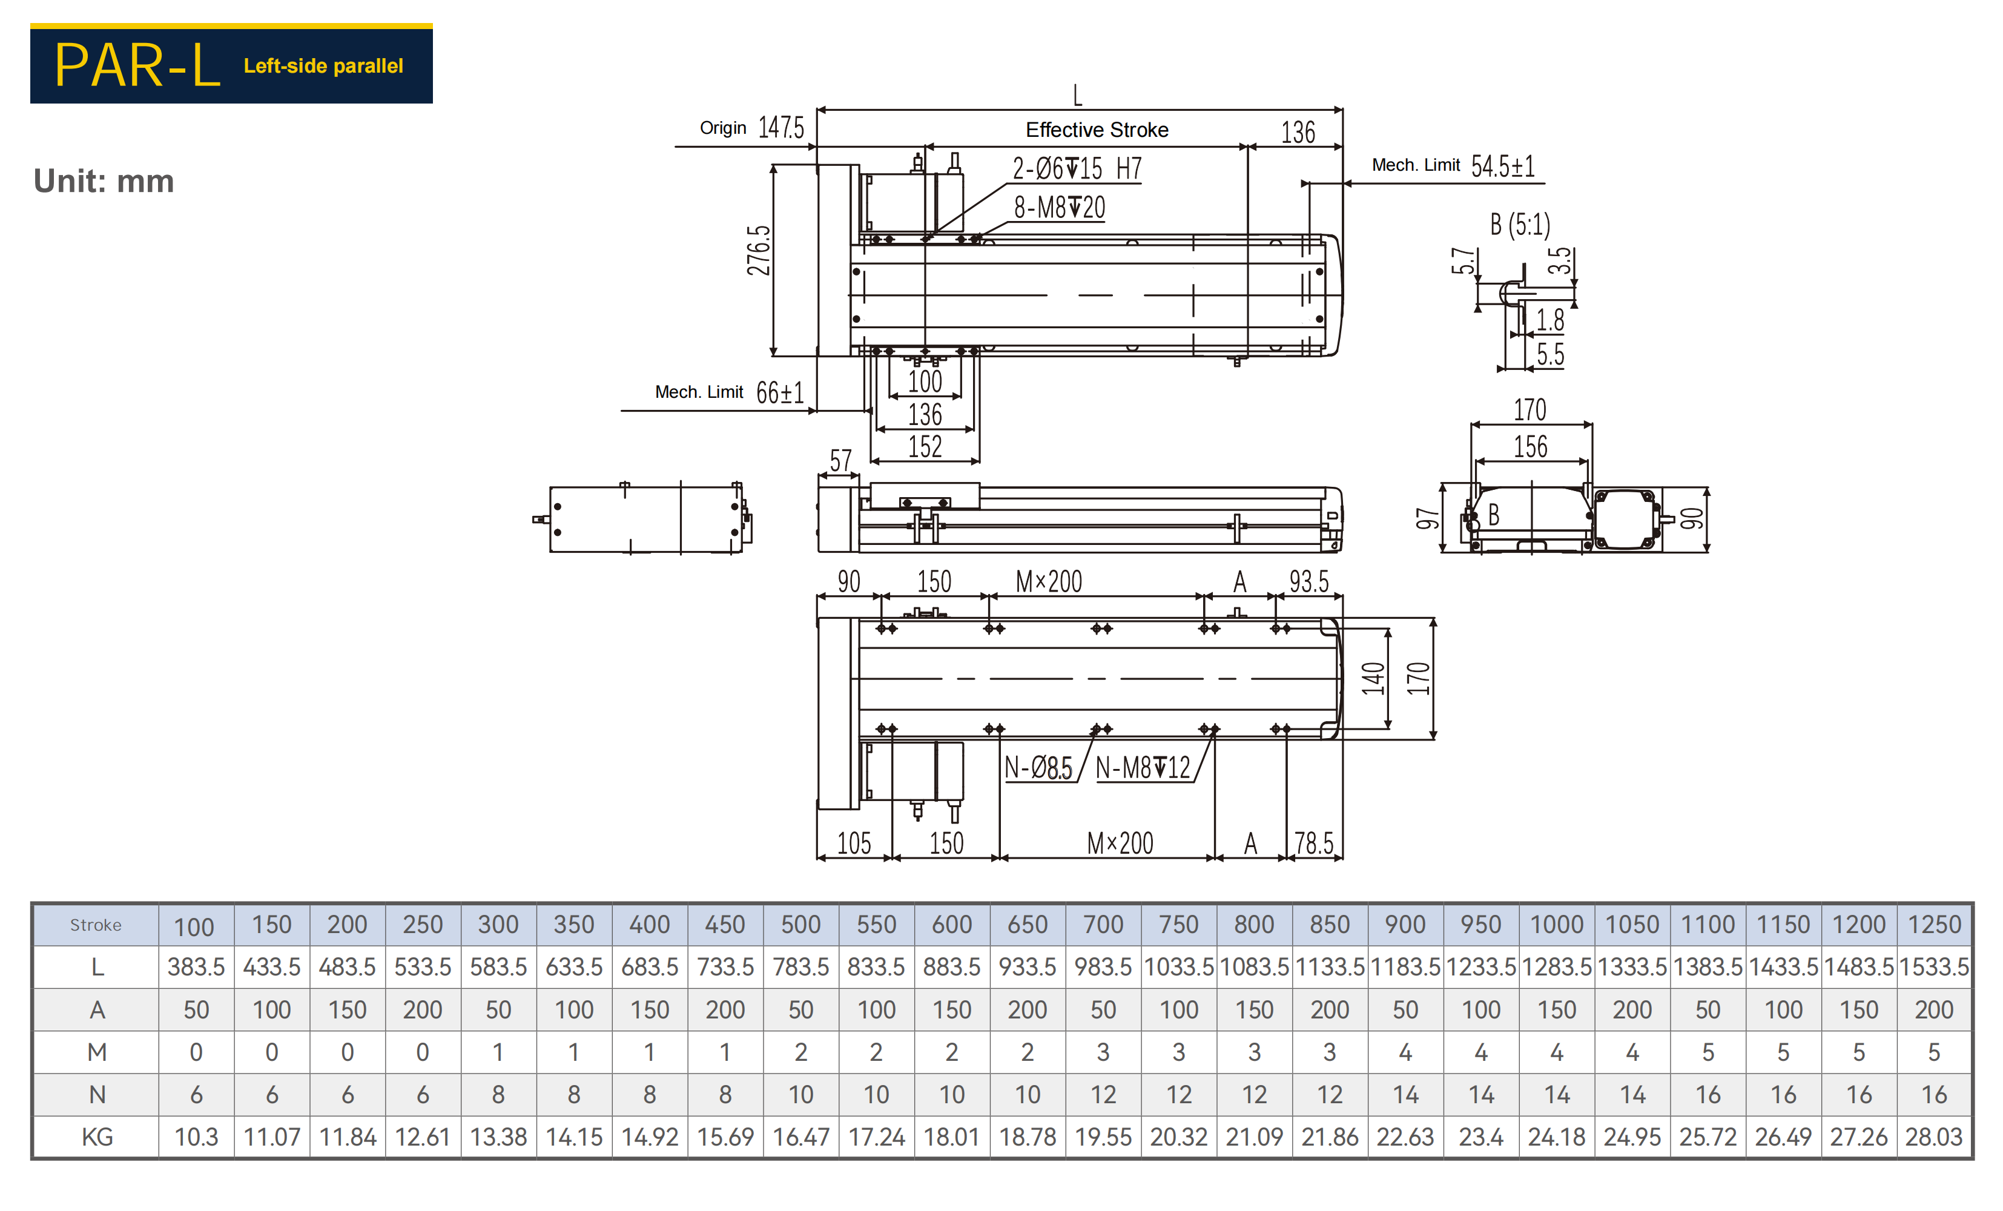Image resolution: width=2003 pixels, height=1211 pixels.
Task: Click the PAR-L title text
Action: (x=137, y=65)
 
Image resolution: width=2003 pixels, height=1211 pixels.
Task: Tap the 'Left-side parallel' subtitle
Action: (x=323, y=66)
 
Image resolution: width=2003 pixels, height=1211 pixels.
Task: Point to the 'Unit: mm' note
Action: (x=104, y=180)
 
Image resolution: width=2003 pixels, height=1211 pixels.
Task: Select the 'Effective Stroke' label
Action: (x=1097, y=130)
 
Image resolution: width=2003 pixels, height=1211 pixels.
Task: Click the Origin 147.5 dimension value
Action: (x=781, y=128)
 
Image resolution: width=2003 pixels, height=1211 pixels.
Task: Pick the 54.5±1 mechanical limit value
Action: (x=1503, y=166)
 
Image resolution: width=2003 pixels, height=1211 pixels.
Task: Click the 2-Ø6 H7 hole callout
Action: (x=1077, y=169)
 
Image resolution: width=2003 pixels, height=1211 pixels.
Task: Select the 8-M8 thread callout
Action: (x=1059, y=207)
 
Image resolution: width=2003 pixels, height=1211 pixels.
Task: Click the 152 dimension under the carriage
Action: (x=925, y=446)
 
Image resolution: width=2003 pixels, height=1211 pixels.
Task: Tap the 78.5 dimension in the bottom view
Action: (x=1314, y=843)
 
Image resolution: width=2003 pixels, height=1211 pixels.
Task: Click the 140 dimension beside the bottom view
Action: (x=1373, y=679)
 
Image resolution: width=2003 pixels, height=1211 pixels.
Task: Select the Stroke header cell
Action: (x=96, y=925)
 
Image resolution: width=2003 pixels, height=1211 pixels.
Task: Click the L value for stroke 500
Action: (x=800, y=966)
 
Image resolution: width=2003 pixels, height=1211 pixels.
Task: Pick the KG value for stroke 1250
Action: (x=1934, y=1137)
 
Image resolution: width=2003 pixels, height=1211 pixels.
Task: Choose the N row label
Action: (x=97, y=1095)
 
